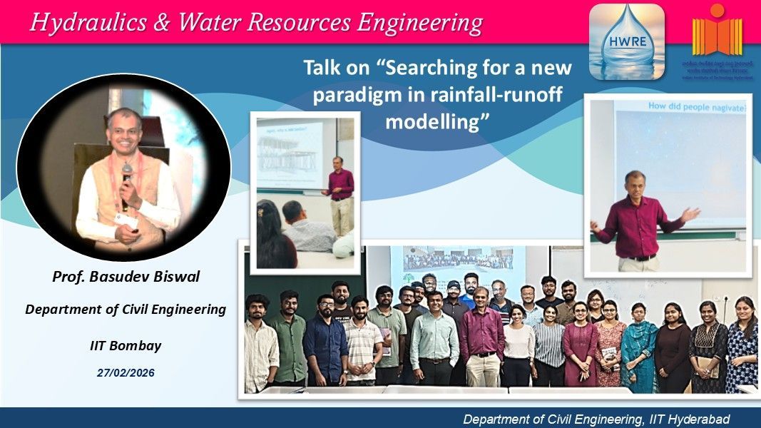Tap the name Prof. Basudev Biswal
tap(126, 276)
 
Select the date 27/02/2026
tap(126, 372)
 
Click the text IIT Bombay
tap(126, 346)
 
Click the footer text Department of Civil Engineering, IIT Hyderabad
tap(596, 419)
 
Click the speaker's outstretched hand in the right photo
tap(689, 214)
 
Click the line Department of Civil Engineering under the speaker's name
tap(126, 310)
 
